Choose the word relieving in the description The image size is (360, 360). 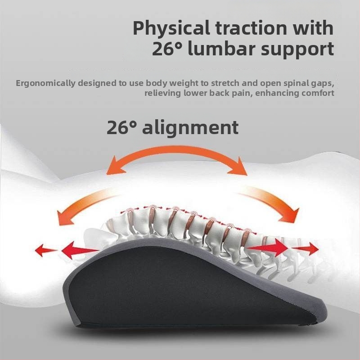162,94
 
